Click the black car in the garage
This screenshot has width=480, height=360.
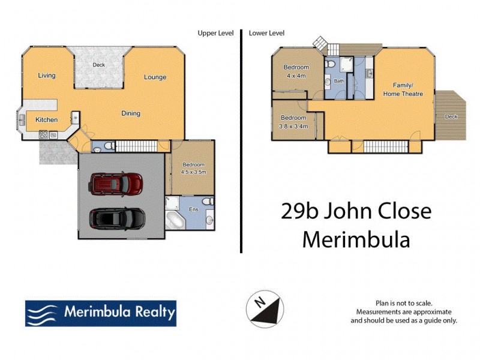tap(117, 220)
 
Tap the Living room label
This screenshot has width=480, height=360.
tap(46, 76)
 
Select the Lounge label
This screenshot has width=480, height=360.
tap(155, 77)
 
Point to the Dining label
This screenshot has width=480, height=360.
tap(131, 113)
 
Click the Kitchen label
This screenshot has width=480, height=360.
tap(46, 120)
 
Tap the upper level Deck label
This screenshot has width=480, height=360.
tap(99, 65)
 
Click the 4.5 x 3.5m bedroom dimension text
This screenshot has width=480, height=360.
tap(193, 172)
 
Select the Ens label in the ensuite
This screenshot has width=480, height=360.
tap(193, 209)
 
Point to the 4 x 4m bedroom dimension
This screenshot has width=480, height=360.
tap(296, 76)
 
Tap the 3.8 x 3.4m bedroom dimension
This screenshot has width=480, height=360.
tap(293, 127)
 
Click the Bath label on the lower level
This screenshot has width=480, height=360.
tap(339, 81)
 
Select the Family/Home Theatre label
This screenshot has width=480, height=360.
tap(403, 89)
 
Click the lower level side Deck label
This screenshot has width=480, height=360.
tap(450, 116)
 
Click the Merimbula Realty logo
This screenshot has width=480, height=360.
tap(100, 313)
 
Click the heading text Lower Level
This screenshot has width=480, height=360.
tap(266, 34)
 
